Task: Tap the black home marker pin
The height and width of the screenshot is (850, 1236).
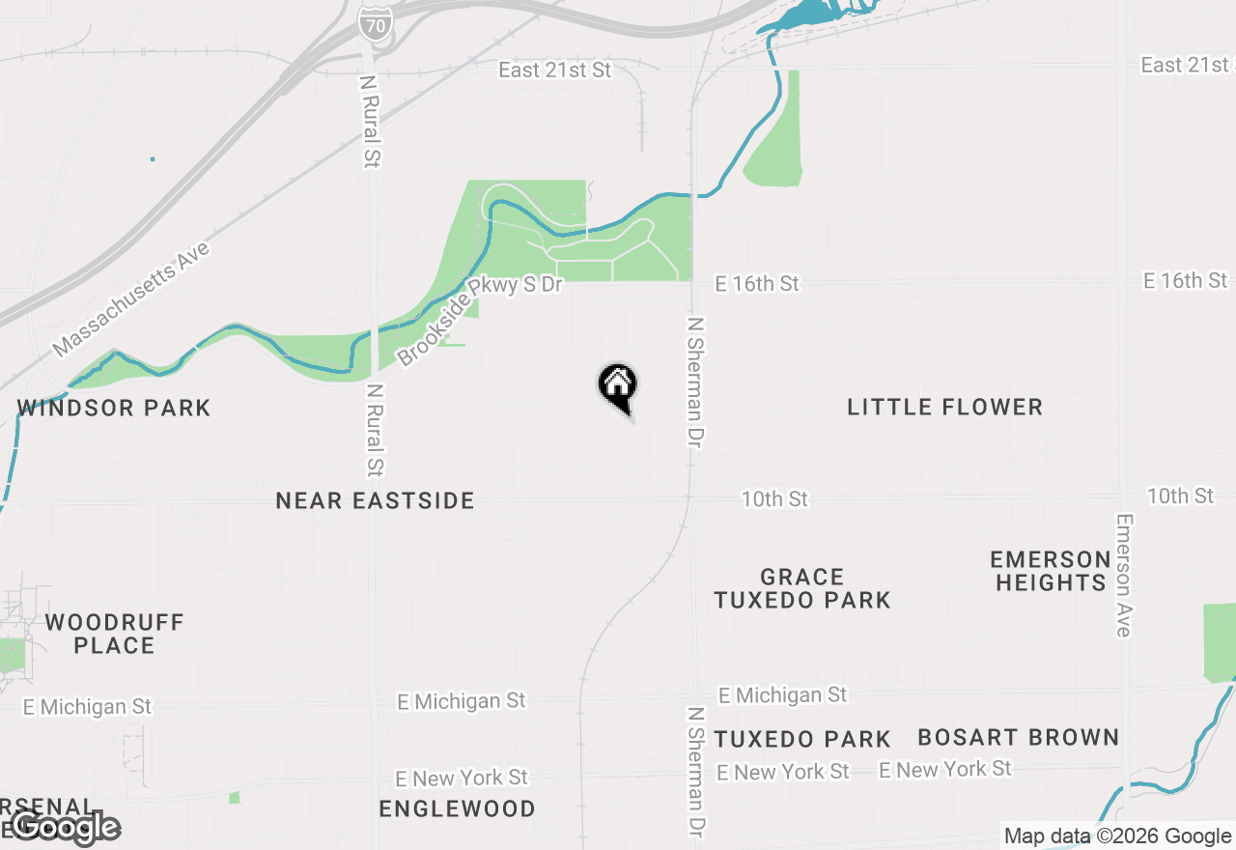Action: [x=618, y=386]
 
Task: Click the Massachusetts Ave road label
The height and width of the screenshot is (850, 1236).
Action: [x=131, y=299]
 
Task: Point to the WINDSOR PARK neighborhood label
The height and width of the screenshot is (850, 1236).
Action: [x=114, y=408]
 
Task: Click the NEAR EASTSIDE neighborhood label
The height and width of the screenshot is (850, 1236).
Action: [x=375, y=500]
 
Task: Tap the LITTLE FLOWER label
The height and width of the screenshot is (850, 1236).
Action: [x=944, y=407]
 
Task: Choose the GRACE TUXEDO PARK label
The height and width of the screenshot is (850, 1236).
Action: [x=802, y=588]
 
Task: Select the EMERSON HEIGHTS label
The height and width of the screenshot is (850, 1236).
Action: [x=1051, y=571]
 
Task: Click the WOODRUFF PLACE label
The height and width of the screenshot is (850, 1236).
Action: [x=114, y=634]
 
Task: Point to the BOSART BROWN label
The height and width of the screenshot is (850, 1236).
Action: [x=1018, y=738]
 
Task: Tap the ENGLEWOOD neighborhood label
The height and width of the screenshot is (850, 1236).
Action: [x=457, y=808]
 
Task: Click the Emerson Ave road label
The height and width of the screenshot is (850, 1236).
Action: [x=1123, y=575]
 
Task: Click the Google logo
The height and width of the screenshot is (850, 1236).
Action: [x=66, y=827]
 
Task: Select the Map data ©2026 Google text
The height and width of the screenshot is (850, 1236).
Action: [x=1117, y=836]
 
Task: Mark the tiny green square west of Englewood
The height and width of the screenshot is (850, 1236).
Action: [x=234, y=797]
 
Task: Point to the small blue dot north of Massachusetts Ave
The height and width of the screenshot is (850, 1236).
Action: [x=153, y=158]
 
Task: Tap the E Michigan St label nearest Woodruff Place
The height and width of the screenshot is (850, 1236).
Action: [x=87, y=707]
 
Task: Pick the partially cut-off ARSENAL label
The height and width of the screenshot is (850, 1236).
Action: [x=48, y=807]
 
